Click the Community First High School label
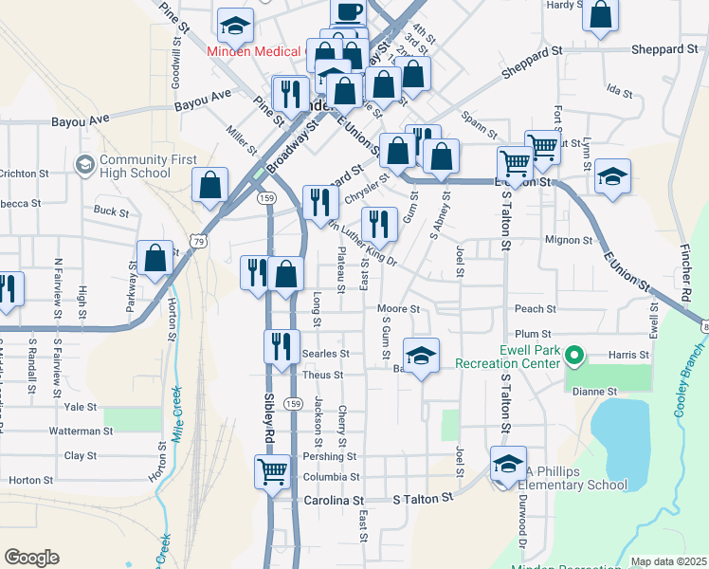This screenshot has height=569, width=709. coord(136,166)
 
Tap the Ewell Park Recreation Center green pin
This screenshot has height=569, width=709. coord(573,357)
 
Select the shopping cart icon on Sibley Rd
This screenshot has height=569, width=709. coord(272,470)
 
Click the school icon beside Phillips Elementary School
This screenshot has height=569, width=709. coord(508,465)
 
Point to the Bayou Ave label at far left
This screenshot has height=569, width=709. coord(81,119)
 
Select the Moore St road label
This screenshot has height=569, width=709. coord(398,309)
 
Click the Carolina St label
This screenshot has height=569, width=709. coord(334,500)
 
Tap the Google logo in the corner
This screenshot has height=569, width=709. coord(31,558)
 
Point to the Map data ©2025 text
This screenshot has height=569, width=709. coord(668,561)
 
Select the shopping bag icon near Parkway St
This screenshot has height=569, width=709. coord(155,257)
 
